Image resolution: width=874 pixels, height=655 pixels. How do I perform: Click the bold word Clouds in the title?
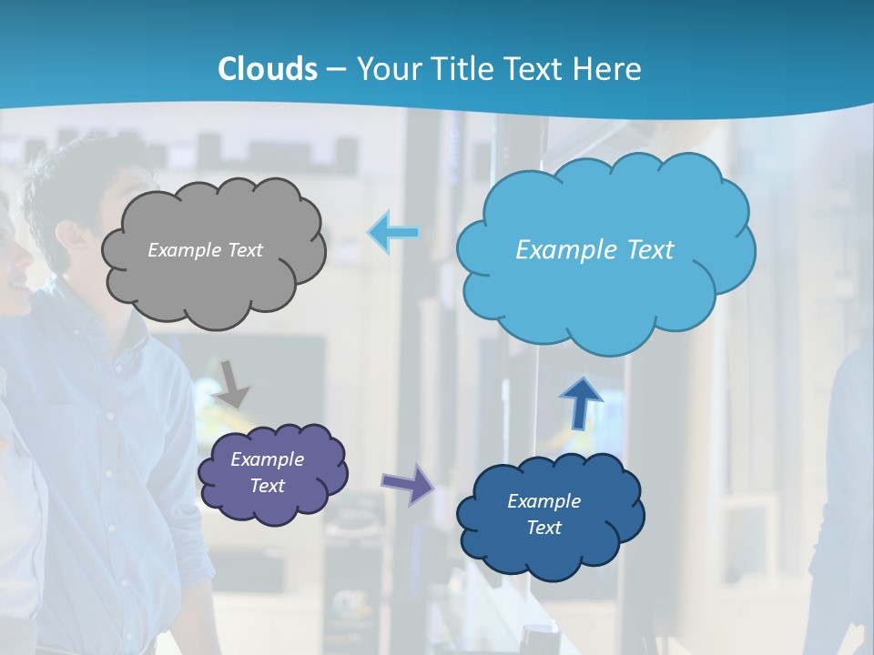(268, 69)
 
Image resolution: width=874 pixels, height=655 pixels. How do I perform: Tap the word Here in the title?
(610, 69)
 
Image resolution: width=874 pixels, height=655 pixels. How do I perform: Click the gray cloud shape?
(214, 282)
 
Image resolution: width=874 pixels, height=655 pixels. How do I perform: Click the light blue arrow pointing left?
(393, 233)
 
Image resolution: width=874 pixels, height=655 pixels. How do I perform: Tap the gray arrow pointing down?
(233, 383)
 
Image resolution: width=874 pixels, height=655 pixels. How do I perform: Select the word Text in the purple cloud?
(268, 486)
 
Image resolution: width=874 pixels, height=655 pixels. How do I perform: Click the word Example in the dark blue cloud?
(544, 501)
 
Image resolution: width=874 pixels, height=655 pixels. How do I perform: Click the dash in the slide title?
(336, 69)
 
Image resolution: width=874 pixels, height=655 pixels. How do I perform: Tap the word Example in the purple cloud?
(268, 459)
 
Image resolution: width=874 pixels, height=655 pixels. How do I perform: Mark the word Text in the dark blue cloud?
(544, 528)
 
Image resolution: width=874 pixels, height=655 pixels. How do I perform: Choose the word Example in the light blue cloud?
(562, 250)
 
